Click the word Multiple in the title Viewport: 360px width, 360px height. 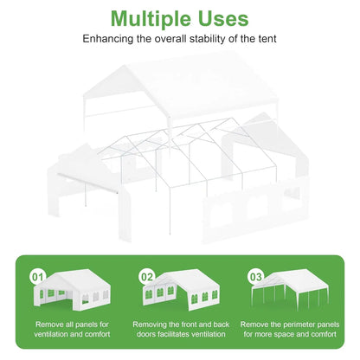(x=151, y=20)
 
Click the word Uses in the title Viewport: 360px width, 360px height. (x=223, y=19)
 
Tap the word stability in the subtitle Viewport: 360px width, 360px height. (x=208, y=39)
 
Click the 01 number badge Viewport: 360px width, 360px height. (x=38, y=277)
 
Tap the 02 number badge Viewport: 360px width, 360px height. (x=147, y=277)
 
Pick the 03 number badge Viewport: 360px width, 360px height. (x=255, y=277)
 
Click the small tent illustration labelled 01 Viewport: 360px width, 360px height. (x=72, y=290)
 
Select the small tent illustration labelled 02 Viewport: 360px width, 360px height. (x=181, y=290)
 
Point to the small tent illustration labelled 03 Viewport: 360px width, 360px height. (x=290, y=288)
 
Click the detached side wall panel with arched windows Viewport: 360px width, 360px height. (x=255, y=210)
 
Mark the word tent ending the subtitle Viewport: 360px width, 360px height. (x=267, y=39)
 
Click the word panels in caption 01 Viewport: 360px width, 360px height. (x=87, y=325)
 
